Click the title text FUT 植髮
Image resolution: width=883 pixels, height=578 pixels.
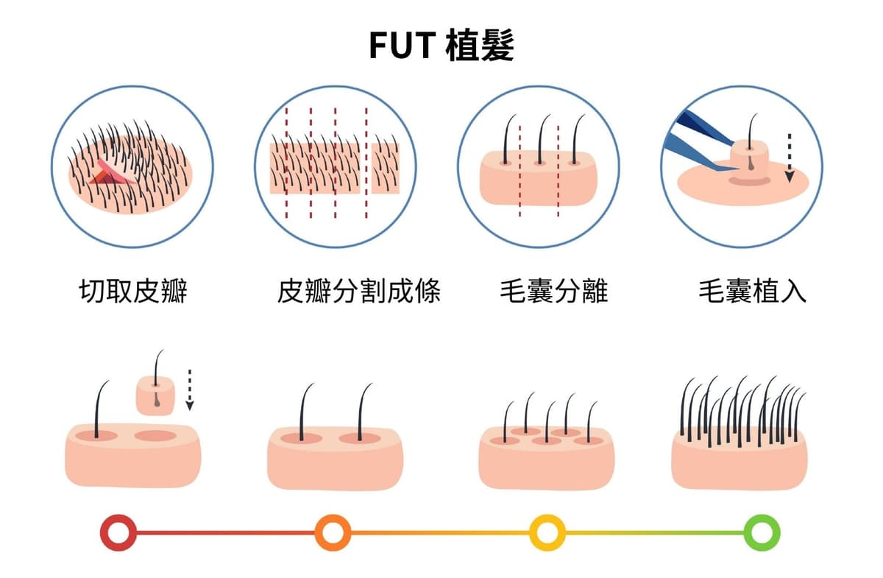(x=441, y=46)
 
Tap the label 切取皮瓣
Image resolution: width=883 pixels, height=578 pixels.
(x=132, y=292)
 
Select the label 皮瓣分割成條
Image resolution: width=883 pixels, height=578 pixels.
(x=358, y=292)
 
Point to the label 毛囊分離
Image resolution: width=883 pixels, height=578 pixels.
(x=553, y=292)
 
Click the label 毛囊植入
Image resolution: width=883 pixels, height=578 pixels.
(x=752, y=292)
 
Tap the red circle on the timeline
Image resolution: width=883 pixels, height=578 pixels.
(x=118, y=532)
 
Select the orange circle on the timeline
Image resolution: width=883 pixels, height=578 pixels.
(x=332, y=532)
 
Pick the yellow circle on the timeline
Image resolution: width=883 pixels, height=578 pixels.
(x=547, y=532)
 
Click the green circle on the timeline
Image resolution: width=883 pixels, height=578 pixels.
(x=762, y=532)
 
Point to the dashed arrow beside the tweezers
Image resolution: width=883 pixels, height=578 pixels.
(x=790, y=157)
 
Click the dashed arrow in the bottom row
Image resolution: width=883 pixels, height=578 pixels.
(x=190, y=389)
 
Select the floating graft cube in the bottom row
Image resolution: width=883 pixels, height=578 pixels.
(x=157, y=394)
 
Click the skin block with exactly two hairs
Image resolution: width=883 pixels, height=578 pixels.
(x=335, y=457)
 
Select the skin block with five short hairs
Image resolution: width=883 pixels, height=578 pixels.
(x=546, y=457)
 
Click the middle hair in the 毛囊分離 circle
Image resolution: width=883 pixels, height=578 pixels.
(x=540, y=140)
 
